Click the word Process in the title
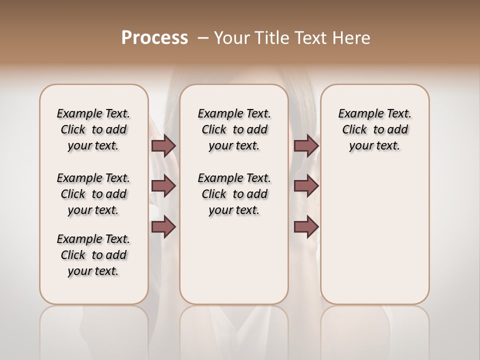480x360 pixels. tap(154, 38)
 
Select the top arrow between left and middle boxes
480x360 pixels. tap(163, 145)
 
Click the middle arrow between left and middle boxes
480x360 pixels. tap(163, 186)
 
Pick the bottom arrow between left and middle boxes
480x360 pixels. tap(163, 227)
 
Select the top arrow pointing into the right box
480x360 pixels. tap(306, 145)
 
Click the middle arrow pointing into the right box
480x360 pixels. tap(306, 186)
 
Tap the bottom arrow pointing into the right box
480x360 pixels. tap(306, 227)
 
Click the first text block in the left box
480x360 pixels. tap(93, 129)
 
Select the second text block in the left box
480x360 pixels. tap(93, 194)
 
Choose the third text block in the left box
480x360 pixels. tap(93, 255)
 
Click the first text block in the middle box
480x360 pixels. tap(234, 129)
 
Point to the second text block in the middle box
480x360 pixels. tap(234, 194)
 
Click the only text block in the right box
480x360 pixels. tap(374, 129)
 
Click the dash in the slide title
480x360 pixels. tap(203, 38)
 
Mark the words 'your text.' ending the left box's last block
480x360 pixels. tap(93, 271)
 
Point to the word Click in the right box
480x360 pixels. tap(354, 130)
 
